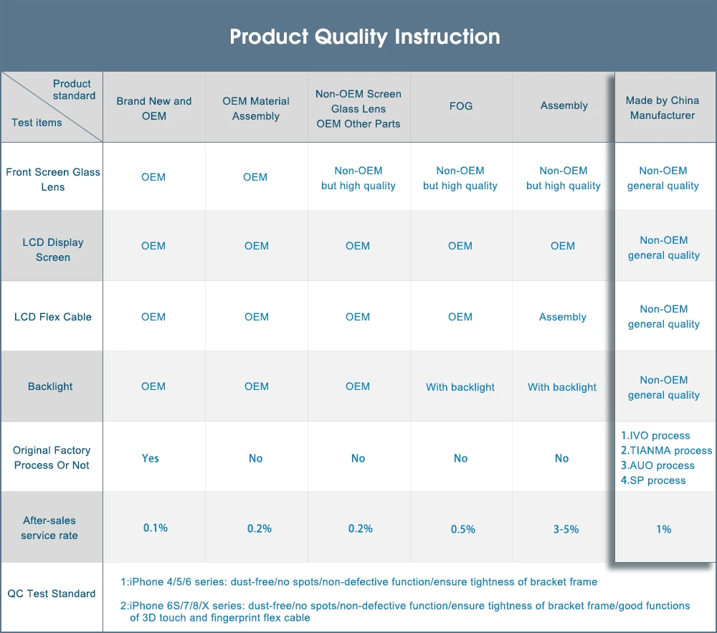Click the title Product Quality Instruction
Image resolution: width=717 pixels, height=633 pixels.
coord(364,37)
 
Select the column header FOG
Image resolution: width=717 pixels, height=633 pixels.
coord(460,106)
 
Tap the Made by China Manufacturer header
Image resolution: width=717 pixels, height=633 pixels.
coord(662,108)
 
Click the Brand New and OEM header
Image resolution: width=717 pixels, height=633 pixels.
coord(153,108)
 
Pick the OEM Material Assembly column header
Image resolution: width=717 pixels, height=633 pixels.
coord(256,108)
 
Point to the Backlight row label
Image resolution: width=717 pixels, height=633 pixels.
coord(50,386)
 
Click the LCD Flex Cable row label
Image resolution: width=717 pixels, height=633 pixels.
coord(52,317)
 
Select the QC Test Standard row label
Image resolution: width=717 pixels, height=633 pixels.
coord(51,594)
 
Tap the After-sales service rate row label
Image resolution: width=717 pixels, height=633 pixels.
coord(49,528)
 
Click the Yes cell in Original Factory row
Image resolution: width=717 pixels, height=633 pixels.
coord(150,458)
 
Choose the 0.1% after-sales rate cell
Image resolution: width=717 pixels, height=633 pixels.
coord(156,528)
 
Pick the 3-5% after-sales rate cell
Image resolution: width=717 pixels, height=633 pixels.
coord(566,529)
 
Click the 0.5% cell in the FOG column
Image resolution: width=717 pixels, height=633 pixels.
coord(462,529)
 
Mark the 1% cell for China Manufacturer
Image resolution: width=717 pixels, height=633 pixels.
coord(663,529)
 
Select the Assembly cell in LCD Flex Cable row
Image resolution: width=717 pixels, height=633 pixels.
coord(562,317)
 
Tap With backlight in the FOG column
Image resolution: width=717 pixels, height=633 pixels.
coord(460,387)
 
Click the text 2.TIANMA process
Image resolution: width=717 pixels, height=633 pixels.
coord(666,451)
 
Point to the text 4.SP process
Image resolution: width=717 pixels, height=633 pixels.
coord(653,480)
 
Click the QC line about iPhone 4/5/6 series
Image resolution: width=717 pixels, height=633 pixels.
coord(359,582)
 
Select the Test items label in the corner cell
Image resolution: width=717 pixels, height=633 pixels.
coord(37,123)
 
